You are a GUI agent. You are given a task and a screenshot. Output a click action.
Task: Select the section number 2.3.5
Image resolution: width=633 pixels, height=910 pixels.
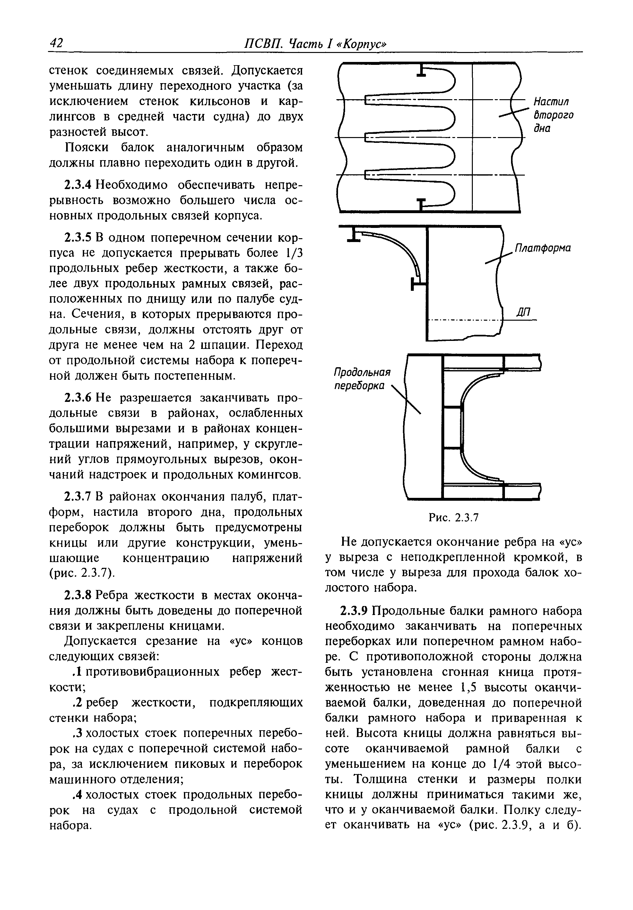[78, 238]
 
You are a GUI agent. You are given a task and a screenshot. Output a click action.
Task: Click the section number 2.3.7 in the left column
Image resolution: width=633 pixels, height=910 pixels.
[78, 497]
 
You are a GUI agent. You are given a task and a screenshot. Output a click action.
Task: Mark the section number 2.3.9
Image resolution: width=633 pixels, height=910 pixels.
[354, 611]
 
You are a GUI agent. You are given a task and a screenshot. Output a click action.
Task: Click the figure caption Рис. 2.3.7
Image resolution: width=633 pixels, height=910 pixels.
[454, 518]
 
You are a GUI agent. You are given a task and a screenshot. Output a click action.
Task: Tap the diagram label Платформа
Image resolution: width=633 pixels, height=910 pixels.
[542, 248]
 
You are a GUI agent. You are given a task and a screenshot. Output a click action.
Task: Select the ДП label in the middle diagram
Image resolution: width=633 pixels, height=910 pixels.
[523, 312]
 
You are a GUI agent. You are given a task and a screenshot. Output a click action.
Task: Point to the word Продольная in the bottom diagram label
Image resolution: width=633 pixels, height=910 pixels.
[362, 373]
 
